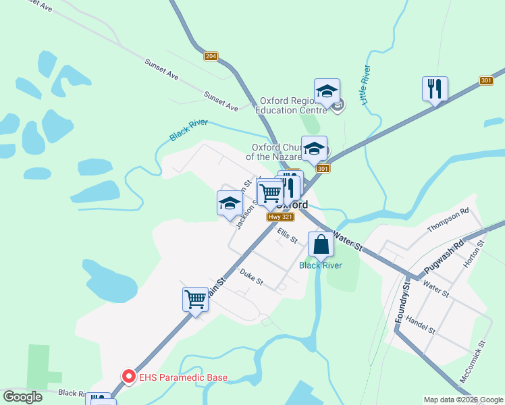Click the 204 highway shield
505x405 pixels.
(x=211, y=56)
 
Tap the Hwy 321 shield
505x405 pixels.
(x=280, y=217)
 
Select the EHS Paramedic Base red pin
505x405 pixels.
(x=128, y=377)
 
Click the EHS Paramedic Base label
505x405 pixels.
(x=183, y=377)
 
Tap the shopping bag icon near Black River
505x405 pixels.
(x=321, y=244)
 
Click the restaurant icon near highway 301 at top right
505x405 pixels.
(x=435, y=88)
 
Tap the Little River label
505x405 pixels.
(x=365, y=84)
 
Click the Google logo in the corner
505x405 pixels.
(x=23, y=396)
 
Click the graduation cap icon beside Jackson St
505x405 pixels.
(x=230, y=203)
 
